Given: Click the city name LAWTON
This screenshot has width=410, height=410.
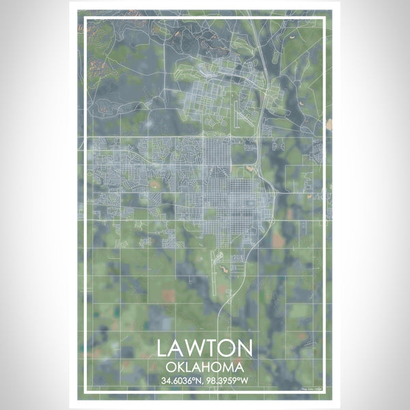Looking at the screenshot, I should [204, 347].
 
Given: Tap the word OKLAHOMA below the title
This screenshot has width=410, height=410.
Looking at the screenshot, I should [204, 366].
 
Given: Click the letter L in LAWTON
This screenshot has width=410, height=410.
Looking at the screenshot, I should [163, 347].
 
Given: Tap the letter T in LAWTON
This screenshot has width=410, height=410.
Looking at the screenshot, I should [215, 347].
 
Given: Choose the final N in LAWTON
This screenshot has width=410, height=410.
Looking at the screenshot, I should [245, 347].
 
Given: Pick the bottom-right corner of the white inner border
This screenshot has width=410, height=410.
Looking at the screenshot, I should [327, 396].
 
